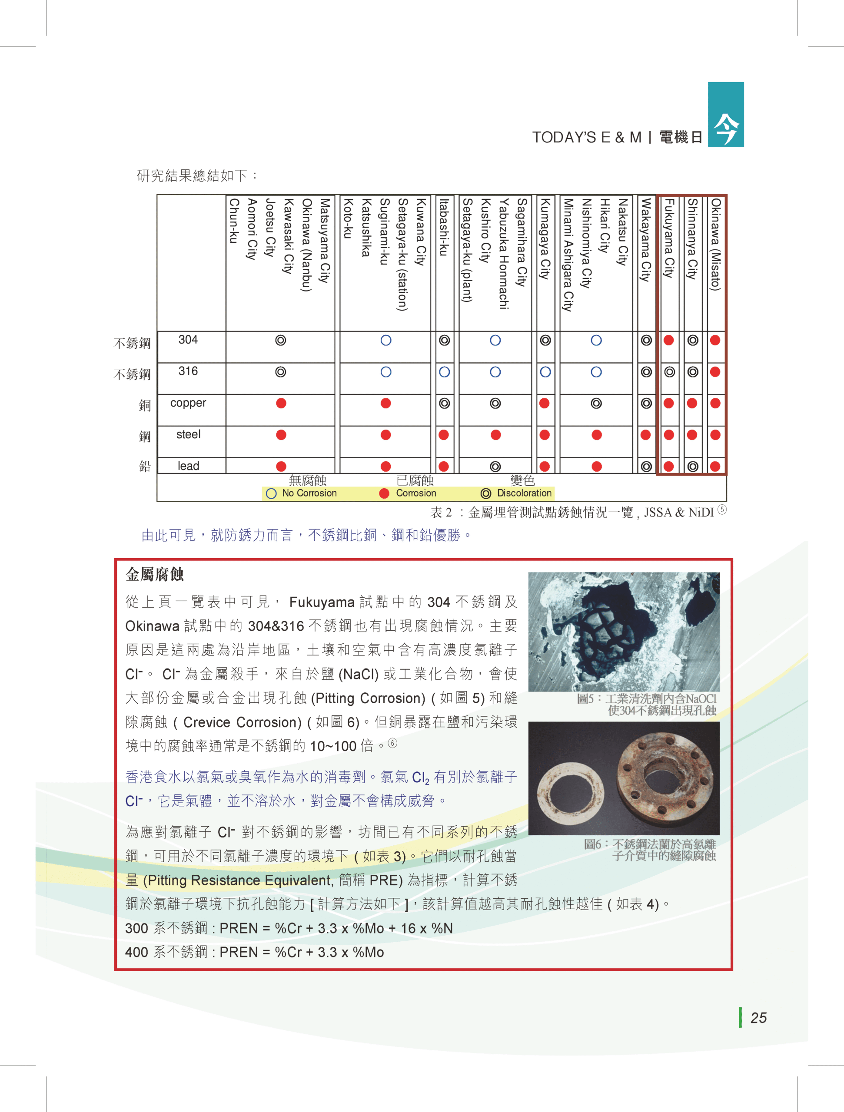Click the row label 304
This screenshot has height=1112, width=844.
tap(188, 340)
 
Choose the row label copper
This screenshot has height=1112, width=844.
tap(188, 403)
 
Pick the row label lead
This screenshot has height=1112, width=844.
tap(188, 466)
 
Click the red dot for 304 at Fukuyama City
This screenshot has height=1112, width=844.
tap(668, 341)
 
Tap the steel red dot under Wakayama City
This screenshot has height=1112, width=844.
tap(646, 435)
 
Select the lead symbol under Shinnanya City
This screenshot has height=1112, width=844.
tap(692, 467)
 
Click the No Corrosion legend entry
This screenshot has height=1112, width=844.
tap(302, 493)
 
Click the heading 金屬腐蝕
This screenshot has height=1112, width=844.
tap(154, 575)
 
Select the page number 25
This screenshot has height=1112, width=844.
tap(758, 1018)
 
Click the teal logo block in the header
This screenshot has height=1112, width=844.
tap(725, 115)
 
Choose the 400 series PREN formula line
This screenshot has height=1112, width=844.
tap(254, 952)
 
